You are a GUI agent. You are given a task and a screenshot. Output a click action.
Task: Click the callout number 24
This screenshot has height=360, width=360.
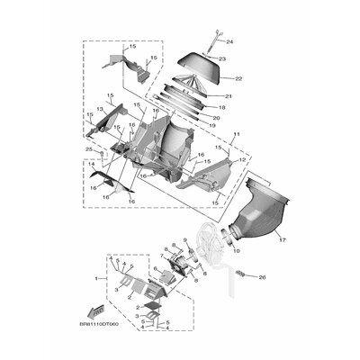click(229, 42)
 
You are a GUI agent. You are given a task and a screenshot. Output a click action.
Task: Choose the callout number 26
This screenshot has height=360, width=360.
click(263, 279)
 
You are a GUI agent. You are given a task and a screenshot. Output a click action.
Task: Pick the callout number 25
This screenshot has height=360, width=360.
click(89, 149)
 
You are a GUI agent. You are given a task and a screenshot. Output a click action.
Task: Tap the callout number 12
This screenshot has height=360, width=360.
click(240, 159)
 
